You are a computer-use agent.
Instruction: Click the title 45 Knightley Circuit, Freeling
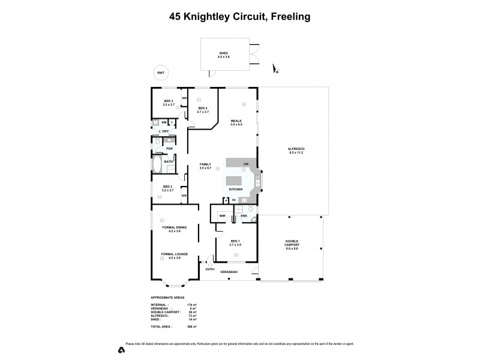(240, 17)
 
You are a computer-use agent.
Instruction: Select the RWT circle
(160, 73)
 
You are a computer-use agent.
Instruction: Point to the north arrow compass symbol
(276, 70)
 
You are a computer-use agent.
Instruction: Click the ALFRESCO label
(296, 150)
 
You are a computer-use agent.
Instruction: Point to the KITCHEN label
(236, 190)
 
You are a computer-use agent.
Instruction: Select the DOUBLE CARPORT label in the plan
(292, 245)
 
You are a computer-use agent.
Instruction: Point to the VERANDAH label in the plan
(229, 272)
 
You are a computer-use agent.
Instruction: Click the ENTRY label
(210, 269)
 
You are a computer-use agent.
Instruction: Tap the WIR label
(222, 215)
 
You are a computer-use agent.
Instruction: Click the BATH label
(169, 161)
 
